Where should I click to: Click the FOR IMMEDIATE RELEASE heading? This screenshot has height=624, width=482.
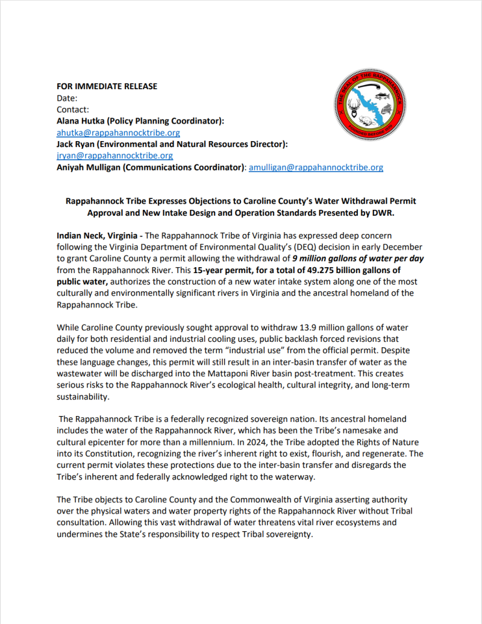tap(107, 86)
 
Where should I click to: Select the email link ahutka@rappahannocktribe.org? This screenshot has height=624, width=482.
tap(118, 133)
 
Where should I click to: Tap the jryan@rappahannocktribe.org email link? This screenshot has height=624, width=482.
tap(114, 156)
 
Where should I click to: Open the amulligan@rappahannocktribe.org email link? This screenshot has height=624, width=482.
tap(316, 167)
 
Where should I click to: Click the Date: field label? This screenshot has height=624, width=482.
tap(67, 98)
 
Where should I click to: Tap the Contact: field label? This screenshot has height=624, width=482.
tap(72, 110)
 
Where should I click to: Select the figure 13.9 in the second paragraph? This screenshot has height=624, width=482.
tap(309, 327)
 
